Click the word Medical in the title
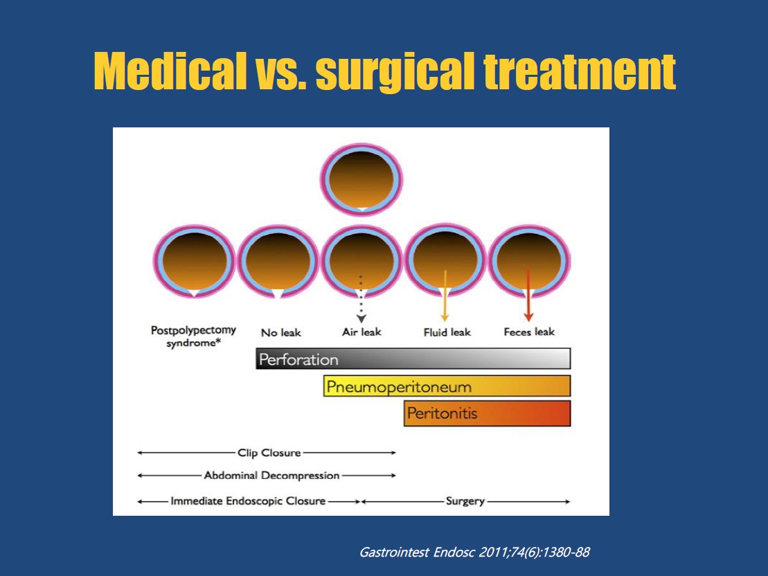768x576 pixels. (x=170, y=71)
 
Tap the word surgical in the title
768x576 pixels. (x=395, y=73)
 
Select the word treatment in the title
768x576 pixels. (x=580, y=72)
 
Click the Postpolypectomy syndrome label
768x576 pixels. (x=193, y=336)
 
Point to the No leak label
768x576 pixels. (x=281, y=332)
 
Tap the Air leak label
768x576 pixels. (x=361, y=332)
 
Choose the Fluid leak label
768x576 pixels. (x=447, y=332)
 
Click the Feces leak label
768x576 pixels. (x=529, y=332)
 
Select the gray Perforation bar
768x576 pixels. (x=413, y=359)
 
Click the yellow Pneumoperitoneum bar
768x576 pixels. (x=447, y=386)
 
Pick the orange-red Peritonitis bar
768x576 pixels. (x=488, y=413)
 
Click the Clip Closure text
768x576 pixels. (x=269, y=453)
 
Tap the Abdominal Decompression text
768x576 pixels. (x=272, y=475)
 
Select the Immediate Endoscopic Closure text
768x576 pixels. (x=248, y=501)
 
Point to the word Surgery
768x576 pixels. (x=465, y=501)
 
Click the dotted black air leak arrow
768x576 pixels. (x=361, y=299)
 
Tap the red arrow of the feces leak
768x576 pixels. (x=528, y=295)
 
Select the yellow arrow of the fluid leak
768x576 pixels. (x=445, y=296)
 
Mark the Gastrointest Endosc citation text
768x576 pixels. (x=474, y=552)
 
